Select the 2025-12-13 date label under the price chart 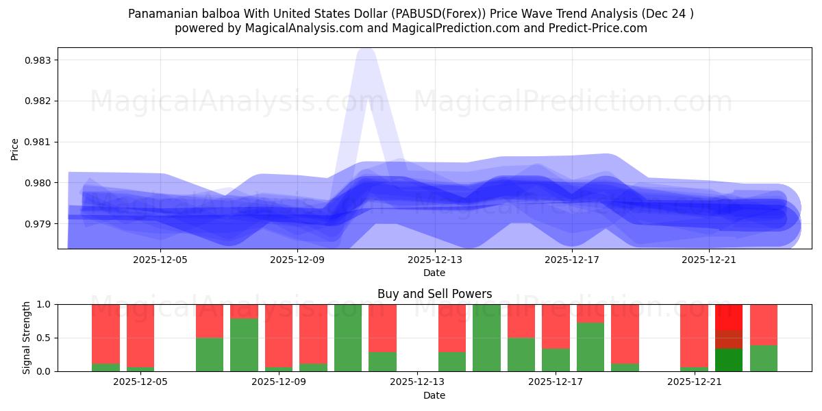coord(434,260)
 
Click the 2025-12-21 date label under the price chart coord(708,260)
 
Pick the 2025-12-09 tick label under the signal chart coord(278,382)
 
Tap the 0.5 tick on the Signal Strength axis coord(44,338)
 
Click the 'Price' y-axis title coord(15,149)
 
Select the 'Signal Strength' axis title coord(26,338)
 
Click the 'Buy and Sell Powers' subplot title coord(434,294)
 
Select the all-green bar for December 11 coord(348,338)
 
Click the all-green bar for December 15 coord(486,338)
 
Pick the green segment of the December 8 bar coord(244,345)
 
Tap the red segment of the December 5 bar coord(140,336)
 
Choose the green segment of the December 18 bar coord(590,347)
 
